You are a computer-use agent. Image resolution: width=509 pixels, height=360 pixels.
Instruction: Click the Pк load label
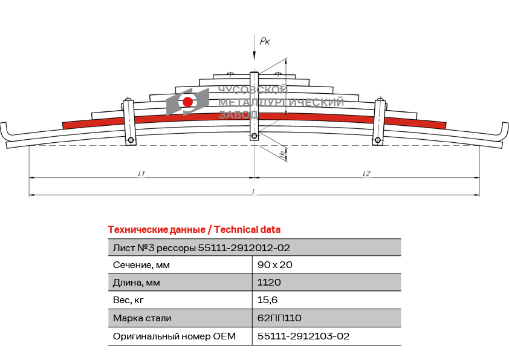[265, 41]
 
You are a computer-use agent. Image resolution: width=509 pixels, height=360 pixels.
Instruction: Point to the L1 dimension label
[141, 174]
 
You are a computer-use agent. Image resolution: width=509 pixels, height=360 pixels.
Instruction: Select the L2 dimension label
[366, 174]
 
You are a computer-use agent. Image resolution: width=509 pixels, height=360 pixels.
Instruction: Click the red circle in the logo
[187, 102]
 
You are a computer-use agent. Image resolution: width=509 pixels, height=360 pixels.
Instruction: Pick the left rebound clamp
[129, 122]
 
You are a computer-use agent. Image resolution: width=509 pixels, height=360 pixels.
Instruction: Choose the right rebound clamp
[379, 122]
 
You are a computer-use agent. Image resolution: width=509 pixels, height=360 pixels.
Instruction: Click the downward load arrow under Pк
[254, 47]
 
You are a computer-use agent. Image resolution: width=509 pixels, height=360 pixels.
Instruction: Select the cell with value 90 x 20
[274, 265]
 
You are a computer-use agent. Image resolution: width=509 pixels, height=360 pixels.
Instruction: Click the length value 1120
[269, 283]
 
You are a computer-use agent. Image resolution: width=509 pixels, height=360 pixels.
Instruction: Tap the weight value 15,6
[267, 300]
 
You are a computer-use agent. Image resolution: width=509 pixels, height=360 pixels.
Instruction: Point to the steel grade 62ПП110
[279, 318]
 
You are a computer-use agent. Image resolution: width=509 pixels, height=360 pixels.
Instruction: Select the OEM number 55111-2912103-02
[303, 336]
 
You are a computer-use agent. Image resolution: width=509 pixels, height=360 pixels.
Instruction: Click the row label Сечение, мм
[141, 265]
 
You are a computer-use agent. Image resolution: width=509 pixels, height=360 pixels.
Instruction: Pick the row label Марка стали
[142, 318]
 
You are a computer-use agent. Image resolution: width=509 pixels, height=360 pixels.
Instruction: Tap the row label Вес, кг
[128, 300]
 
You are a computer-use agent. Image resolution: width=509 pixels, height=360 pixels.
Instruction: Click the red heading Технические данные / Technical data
[194, 230]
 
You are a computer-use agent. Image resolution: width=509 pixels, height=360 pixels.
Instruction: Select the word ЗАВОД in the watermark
[239, 114]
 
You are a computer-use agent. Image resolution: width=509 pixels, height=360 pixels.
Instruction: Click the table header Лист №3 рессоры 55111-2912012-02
[201, 248]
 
